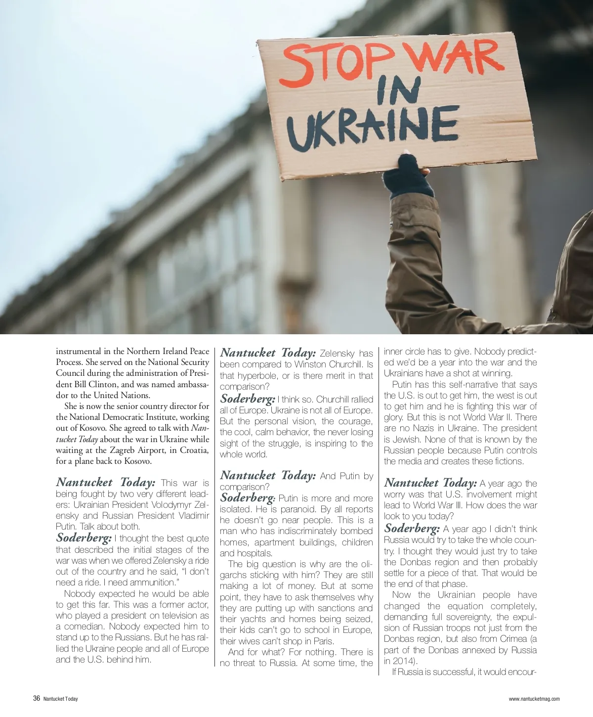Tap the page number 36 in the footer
tap(36, 699)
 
